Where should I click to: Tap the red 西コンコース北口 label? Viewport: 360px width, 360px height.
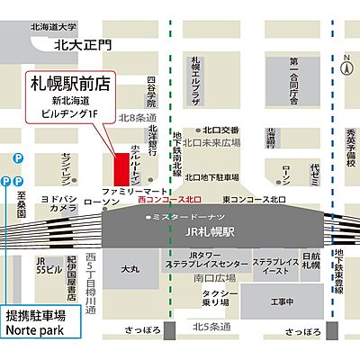click(170, 199)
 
